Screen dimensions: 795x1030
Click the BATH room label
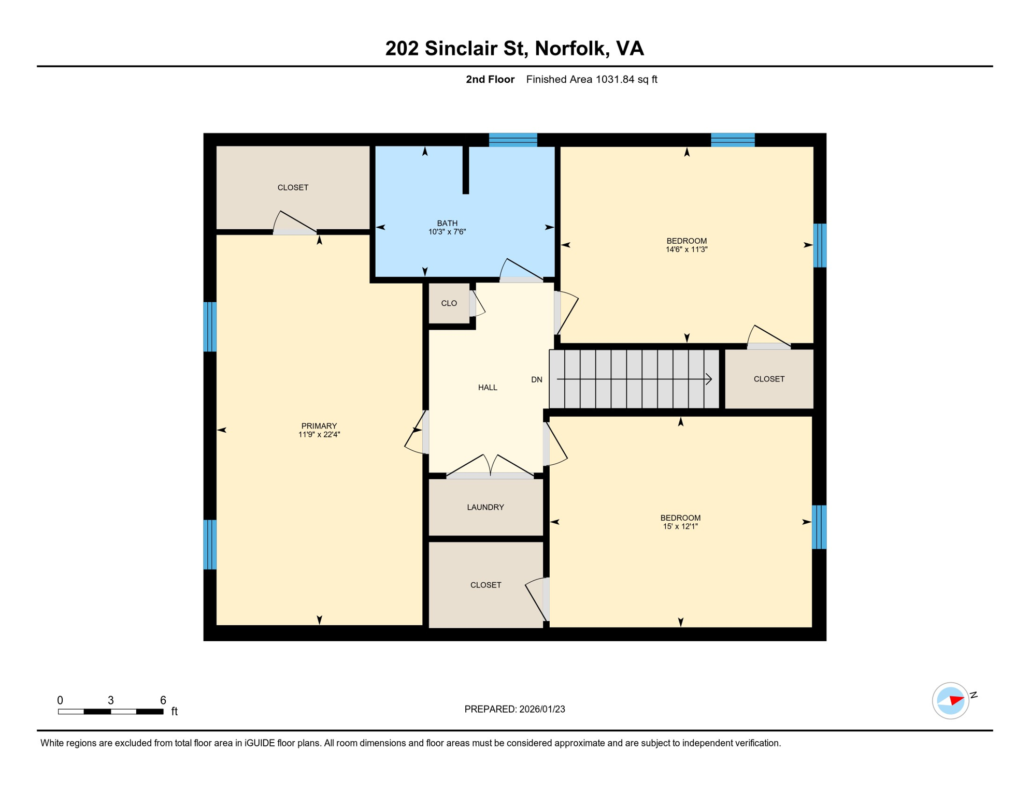(447, 223)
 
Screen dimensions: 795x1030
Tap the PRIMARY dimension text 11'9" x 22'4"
(319, 435)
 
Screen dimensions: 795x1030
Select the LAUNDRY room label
(485, 507)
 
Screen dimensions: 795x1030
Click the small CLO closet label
(449, 303)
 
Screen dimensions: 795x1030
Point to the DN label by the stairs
(537, 380)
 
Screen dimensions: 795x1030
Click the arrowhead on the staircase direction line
(709, 379)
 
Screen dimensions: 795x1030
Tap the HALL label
(488, 388)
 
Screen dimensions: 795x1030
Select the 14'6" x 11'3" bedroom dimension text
(686, 249)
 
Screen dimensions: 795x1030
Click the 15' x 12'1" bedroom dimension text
(680, 526)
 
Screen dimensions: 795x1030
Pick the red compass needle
(956, 700)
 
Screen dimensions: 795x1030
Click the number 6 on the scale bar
(163, 700)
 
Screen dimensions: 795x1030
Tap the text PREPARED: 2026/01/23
(514, 709)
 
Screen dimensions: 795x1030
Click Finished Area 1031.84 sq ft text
(592, 79)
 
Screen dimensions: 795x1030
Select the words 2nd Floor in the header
(490, 79)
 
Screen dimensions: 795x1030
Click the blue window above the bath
(513, 140)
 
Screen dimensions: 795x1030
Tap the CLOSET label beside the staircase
(769, 379)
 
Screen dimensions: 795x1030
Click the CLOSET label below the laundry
(485, 585)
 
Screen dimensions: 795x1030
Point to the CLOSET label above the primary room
(293, 187)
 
